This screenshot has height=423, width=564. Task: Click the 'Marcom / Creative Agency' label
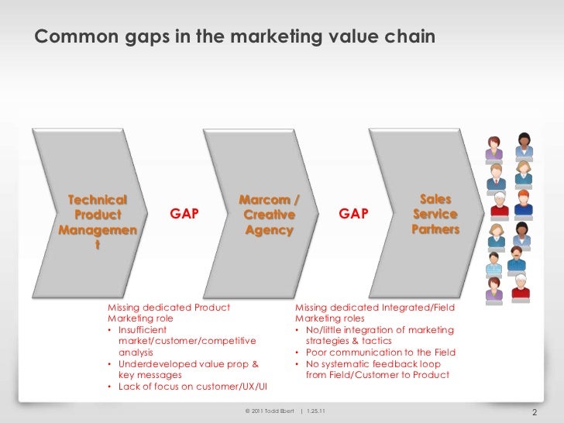[269, 215]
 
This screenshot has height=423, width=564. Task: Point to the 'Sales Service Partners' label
[435, 214]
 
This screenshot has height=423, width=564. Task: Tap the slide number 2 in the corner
[533, 411]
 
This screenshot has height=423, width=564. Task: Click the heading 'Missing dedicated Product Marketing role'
[168, 312]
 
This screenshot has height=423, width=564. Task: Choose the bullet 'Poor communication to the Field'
[377, 352]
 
